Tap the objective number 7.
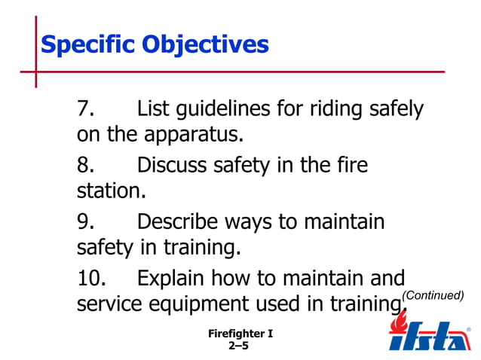point(85,109)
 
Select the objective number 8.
point(85,165)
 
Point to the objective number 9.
point(85,221)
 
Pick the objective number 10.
point(91,278)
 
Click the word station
point(111,191)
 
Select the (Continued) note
point(433,295)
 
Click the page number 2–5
point(238,346)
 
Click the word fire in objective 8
point(348,165)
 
